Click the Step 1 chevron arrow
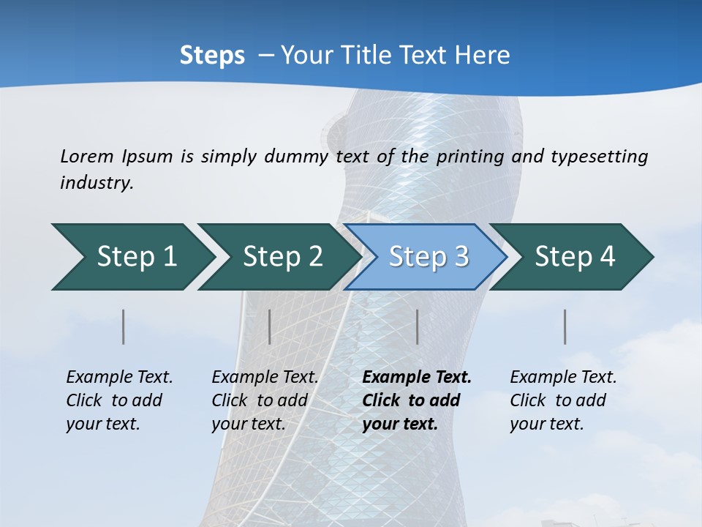tap(132, 257)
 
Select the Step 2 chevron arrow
tap(278, 257)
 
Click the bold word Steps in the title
tap(212, 56)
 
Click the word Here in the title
tap(481, 56)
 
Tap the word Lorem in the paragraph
tap(86, 156)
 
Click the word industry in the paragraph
tap(97, 183)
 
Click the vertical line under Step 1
tap(124, 326)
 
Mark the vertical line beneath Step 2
tap(270, 326)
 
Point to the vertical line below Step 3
tap(417, 326)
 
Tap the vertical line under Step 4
tap(565, 326)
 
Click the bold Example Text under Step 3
tap(417, 378)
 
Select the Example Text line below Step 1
tap(119, 378)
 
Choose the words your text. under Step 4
tap(546, 424)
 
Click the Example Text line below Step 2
tap(265, 378)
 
